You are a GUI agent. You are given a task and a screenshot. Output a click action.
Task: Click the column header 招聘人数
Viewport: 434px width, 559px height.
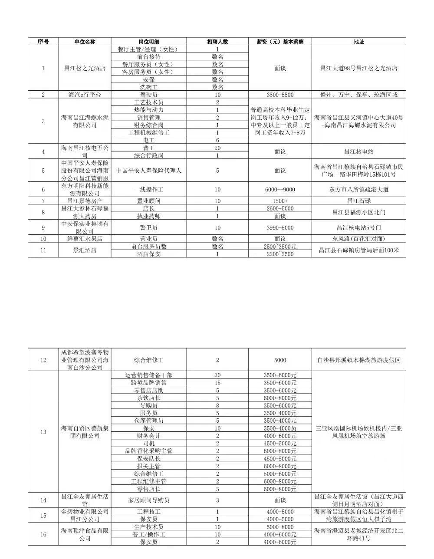[x=217, y=42]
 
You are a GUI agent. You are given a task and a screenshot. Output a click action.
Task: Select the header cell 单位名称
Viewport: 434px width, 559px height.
[x=85, y=42]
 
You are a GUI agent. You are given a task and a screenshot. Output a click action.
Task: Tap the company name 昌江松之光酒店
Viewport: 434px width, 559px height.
[x=85, y=68]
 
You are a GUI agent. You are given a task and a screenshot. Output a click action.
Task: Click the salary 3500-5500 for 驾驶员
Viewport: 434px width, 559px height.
[x=280, y=95]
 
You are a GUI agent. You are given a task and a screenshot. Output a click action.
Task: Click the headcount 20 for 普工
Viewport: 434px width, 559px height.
[x=217, y=148]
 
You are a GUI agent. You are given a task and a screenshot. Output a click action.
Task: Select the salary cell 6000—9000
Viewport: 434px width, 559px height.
[x=280, y=190]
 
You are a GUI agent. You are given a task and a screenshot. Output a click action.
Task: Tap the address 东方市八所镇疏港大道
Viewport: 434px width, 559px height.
[x=358, y=190]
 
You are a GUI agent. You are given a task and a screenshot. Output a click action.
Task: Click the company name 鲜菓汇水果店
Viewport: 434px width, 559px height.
[x=85, y=239]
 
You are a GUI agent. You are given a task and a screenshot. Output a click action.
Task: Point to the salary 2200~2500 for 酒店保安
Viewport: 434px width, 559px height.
[x=280, y=254]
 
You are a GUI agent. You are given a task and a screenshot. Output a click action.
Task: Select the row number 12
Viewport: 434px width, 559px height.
[x=43, y=360]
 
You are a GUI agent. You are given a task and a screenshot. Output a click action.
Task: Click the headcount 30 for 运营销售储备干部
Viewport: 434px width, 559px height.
[x=217, y=375]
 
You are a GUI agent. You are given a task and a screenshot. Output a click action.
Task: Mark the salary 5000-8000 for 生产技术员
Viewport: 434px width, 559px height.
[x=280, y=527]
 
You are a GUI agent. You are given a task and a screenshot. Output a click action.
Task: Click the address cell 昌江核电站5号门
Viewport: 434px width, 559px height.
[x=358, y=227]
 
